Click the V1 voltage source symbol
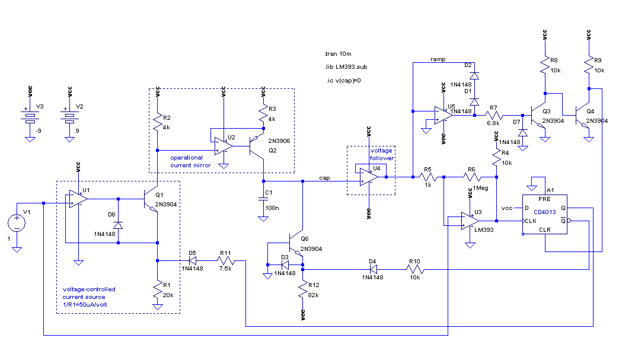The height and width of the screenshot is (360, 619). [x=17, y=223]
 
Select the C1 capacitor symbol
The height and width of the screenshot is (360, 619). [x=263, y=199]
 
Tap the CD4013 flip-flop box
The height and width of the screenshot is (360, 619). [x=545, y=214]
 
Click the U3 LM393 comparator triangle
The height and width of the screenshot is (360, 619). [x=470, y=221]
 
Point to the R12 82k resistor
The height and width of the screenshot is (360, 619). [x=303, y=290]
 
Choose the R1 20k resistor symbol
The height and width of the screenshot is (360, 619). [x=158, y=290]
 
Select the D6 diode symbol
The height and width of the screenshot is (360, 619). [x=118, y=225]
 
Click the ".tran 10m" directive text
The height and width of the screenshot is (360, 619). [x=338, y=54]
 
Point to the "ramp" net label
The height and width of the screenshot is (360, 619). [x=438, y=59]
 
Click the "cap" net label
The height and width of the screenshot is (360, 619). [x=324, y=178]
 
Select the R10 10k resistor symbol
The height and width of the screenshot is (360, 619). [x=415, y=270]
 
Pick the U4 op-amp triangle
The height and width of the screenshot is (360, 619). [x=369, y=177]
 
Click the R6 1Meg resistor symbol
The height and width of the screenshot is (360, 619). [x=472, y=177]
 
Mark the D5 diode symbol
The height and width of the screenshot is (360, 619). [x=193, y=260]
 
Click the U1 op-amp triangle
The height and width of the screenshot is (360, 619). [x=78, y=199]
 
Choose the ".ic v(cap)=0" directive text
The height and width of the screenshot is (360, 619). [x=343, y=81]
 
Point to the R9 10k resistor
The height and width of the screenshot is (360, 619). [x=589, y=65]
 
